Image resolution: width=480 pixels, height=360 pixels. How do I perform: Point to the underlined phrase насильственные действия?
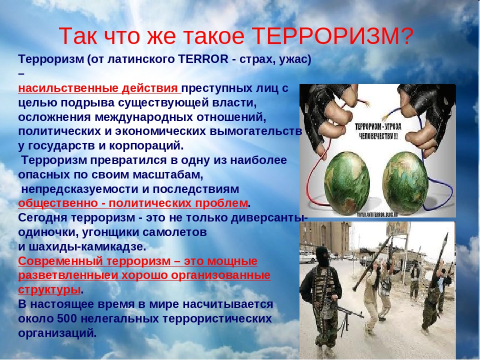tap(99, 89)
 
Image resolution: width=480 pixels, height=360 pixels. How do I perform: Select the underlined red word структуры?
tap(49, 289)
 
